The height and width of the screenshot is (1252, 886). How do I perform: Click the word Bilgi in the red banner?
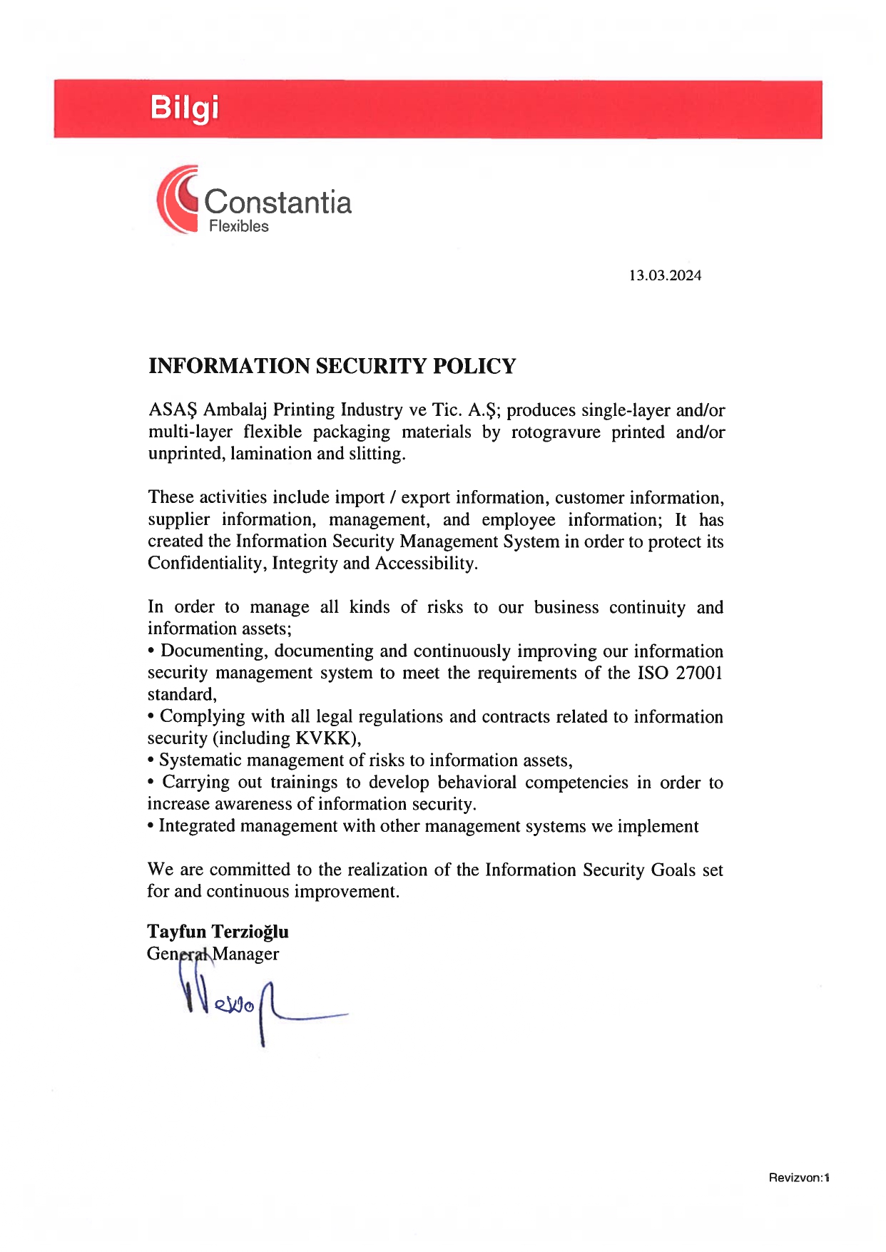184,108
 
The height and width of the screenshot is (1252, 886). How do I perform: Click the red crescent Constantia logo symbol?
176,199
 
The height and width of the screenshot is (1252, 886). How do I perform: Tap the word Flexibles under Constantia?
238,226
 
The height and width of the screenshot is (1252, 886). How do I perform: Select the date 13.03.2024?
665,275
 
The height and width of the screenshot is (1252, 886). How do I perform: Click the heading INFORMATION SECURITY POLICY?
332,366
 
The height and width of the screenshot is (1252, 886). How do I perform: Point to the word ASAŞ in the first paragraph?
172,409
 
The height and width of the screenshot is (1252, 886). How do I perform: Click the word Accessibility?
426,564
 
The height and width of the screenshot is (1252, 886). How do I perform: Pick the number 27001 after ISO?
699,673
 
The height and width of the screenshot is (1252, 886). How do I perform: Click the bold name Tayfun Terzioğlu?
218,932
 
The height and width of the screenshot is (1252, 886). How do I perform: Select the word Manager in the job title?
246,954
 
